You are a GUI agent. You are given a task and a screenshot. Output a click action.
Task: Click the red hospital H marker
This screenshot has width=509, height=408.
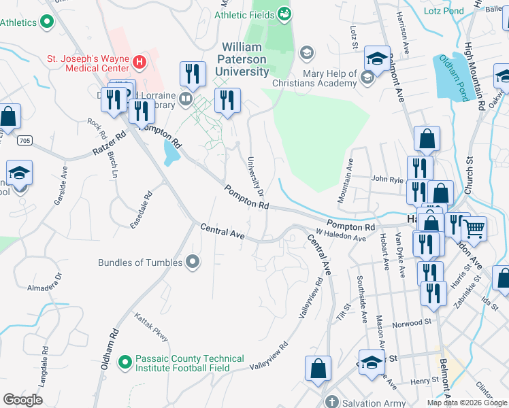coord(139,63)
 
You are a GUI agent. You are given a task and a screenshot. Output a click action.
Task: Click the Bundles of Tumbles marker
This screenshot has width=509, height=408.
coord(193,262)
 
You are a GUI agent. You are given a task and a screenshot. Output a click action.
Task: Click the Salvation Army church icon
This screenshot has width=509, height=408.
coord(331,401)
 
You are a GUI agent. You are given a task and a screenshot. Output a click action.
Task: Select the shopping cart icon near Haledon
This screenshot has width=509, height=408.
coord(474,228)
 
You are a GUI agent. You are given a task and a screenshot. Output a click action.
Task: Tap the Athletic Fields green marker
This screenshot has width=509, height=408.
coord(285,13)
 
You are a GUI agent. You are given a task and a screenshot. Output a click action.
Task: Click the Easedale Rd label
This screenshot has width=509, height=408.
coord(143,209)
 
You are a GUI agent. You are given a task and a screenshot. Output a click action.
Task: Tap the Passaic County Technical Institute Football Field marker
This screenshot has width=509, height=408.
coord(125,362)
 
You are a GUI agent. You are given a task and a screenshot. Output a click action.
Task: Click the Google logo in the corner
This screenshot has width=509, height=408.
coord(22,399)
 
